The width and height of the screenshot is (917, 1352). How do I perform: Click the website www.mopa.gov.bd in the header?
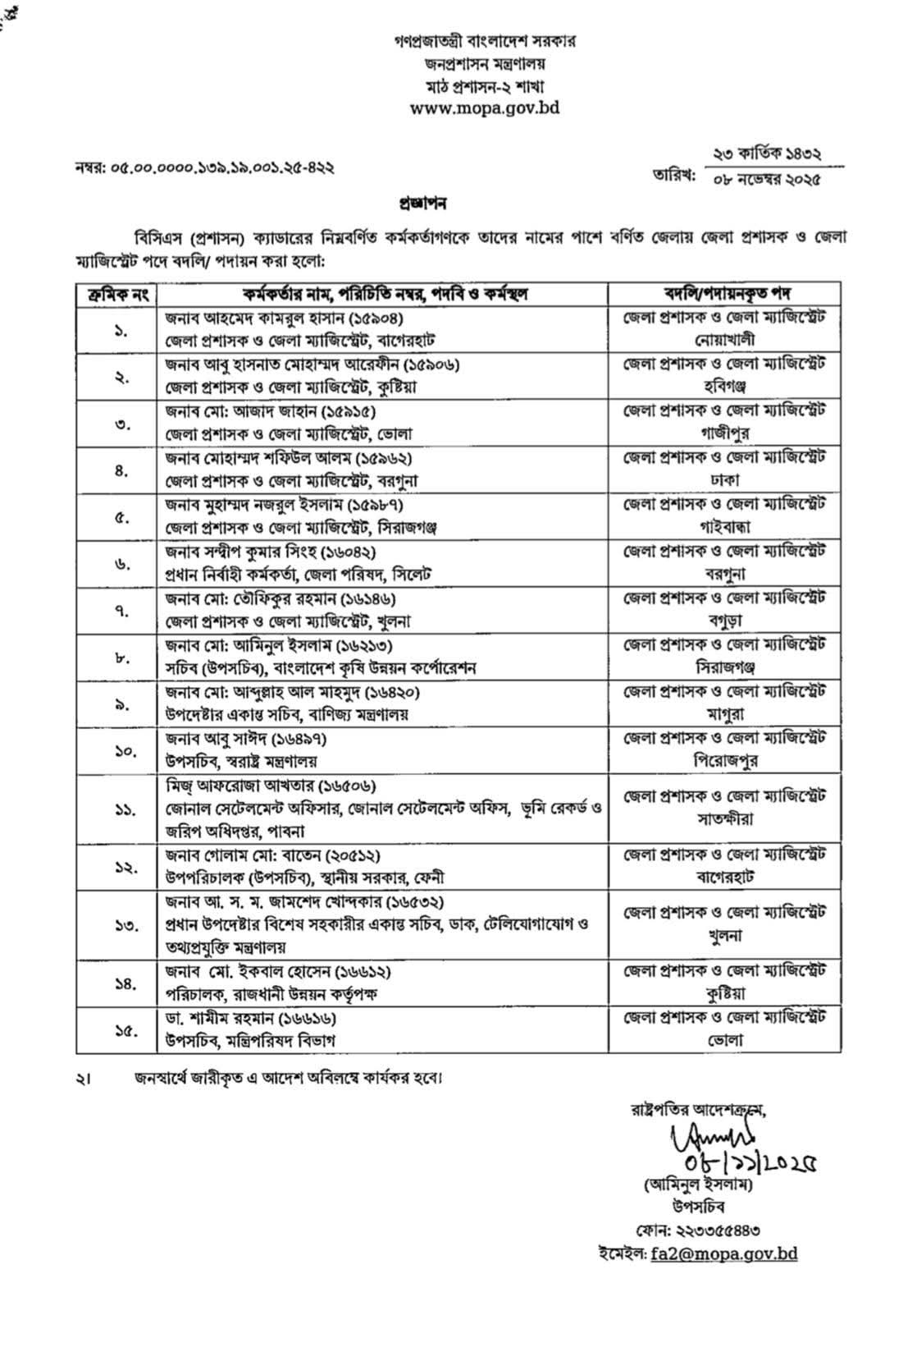pos(484,108)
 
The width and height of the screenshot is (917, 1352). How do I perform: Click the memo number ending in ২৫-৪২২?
pos(205,167)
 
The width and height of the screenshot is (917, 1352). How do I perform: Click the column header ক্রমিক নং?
pos(116,293)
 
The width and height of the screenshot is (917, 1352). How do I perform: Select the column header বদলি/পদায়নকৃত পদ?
pos(724,293)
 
